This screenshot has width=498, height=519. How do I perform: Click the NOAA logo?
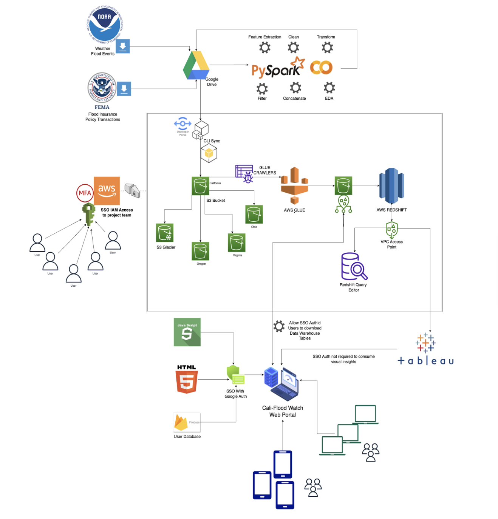point(105,24)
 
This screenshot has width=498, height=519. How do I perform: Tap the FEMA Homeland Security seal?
point(102,88)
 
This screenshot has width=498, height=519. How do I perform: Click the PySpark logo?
point(278,68)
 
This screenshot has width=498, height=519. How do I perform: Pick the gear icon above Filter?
point(262,89)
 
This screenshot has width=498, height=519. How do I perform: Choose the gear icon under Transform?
point(327,48)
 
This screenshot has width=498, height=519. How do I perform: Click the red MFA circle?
point(85,193)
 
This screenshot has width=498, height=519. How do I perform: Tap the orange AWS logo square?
point(107,190)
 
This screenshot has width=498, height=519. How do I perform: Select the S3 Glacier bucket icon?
point(165,233)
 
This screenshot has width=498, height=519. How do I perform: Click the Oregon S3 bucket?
point(200,251)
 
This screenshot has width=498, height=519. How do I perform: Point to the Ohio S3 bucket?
point(254,215)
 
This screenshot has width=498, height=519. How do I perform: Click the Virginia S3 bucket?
point(237,243)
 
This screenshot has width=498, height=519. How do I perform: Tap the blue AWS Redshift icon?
point(391,186)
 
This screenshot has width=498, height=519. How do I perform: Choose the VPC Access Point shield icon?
point(392,230)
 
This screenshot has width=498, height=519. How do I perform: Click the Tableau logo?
point(425,350)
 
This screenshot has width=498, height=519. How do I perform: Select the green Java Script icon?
point(187,332)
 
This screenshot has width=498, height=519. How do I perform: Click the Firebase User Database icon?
point(187,422)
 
